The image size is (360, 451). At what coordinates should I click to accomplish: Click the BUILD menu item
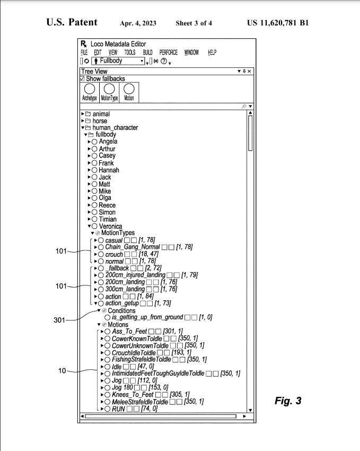[x=147, y=53]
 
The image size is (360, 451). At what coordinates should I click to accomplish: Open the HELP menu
[x=212, y=53]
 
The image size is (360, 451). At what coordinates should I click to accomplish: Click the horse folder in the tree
[x=99, y=121]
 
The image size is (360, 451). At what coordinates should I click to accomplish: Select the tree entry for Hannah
[x=109, y=170]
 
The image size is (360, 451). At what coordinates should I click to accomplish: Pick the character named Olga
[x=105, y=198]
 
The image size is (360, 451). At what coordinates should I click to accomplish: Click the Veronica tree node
[x=110, y=227]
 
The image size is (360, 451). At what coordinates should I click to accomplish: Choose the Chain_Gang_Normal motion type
[x=133, y=247]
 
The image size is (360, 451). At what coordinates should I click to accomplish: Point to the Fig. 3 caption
[x=288, y=401]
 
